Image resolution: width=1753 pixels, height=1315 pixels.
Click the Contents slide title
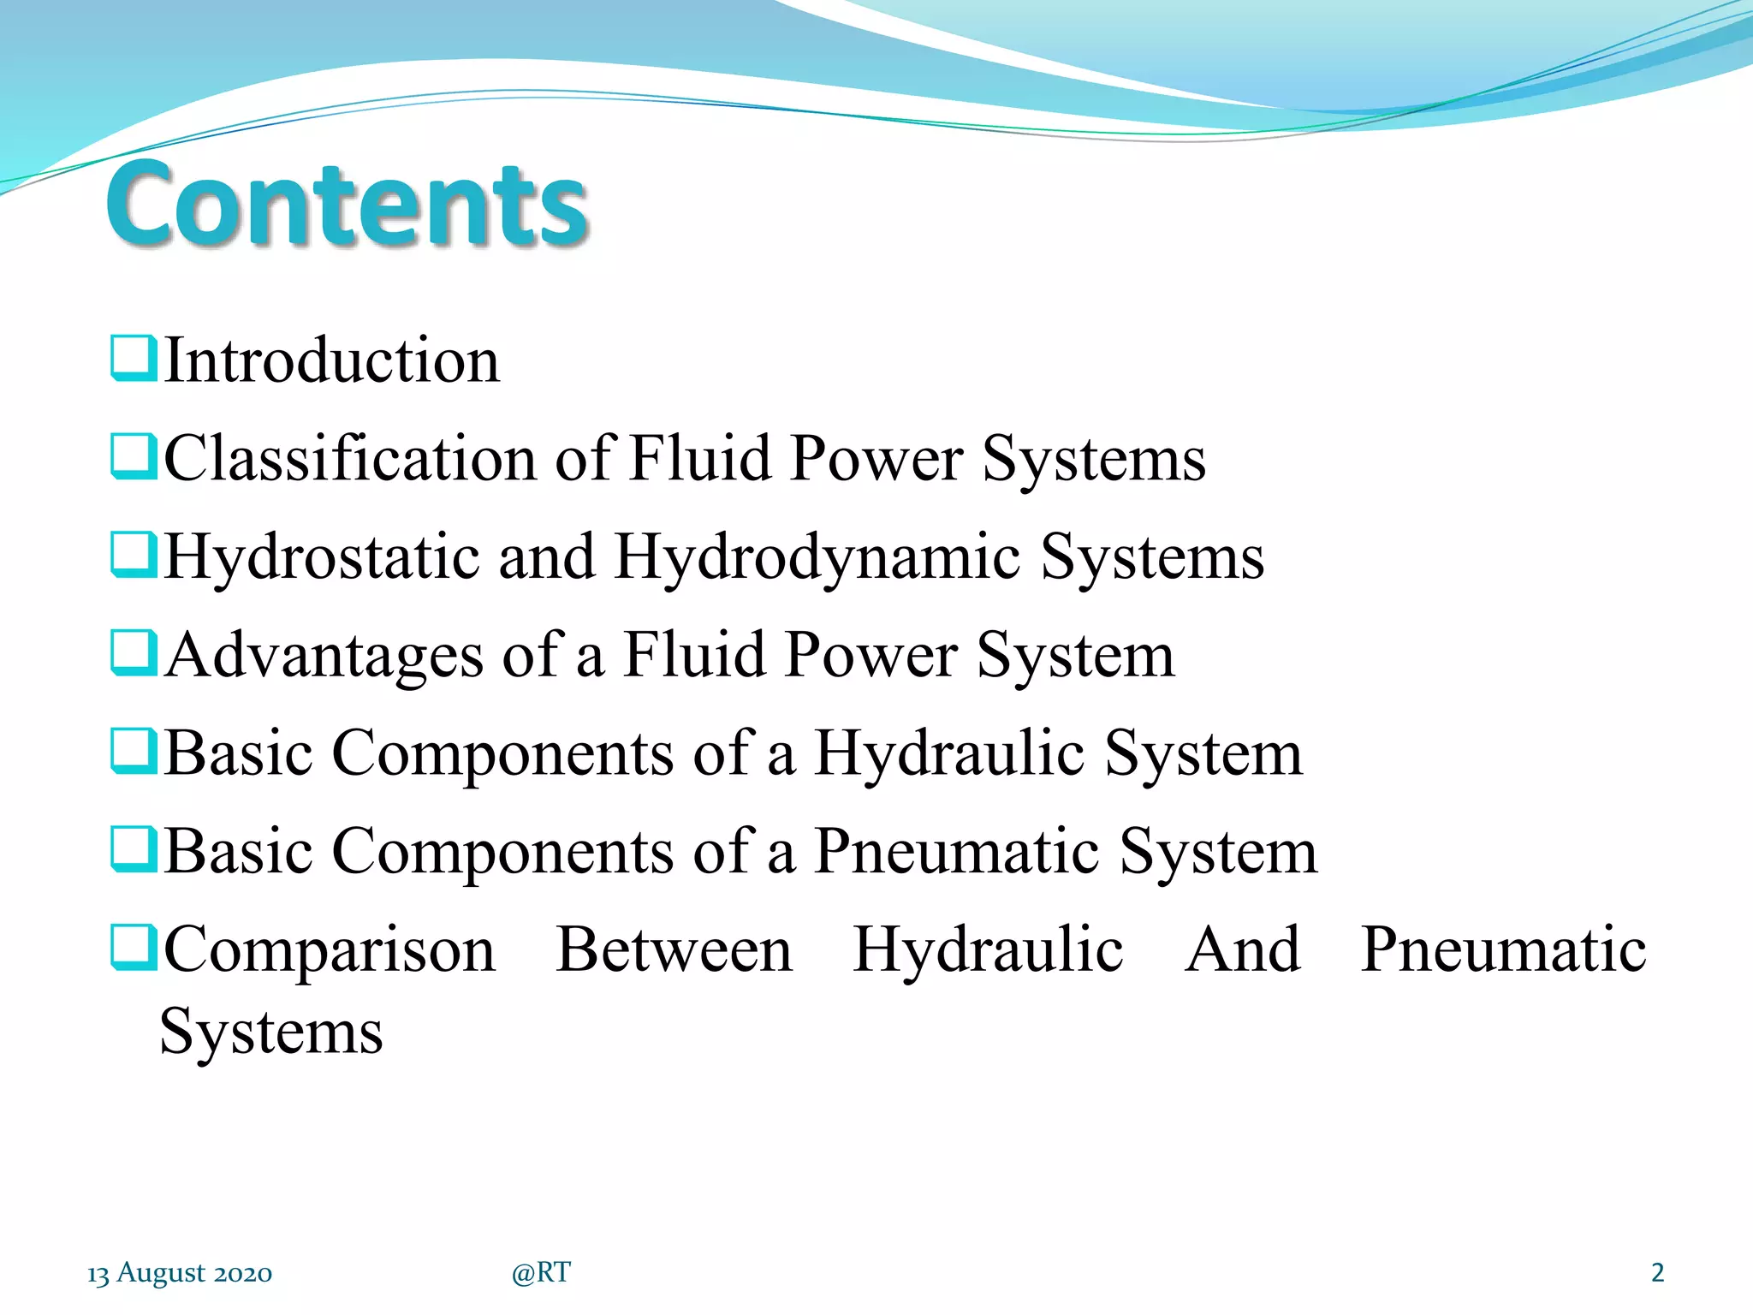tap(347, 205)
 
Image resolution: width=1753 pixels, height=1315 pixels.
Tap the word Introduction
tap(331, 360)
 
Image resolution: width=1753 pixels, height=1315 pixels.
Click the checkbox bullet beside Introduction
tap(134, 359)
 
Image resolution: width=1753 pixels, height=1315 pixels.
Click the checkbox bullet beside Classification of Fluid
tap(134, 456)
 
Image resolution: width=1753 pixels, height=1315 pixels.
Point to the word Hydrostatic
tap(321, 557)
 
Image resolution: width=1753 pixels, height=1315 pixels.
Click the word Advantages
tap(324, 656)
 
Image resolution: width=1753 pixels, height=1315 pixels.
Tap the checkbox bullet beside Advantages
tap(134, 653)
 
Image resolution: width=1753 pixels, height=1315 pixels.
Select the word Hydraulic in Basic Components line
tap(949, 754)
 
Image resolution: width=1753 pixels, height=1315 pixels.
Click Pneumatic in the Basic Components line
tap(956, 852)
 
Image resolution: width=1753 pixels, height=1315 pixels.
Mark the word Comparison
tap(330, 952)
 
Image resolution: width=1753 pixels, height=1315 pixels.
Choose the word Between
tap(674, 950)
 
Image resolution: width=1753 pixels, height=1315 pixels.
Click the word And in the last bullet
tap(1242, 950)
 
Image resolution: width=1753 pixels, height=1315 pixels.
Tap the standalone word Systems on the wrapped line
tap(271, 1032)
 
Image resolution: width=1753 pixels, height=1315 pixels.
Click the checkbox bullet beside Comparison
tap(134, 949)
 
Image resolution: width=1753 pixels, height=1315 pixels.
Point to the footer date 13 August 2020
tap(180, 1273)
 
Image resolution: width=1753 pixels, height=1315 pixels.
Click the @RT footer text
tap(541, 1273)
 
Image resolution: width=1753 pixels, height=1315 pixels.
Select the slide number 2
tap(1657, 1273)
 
